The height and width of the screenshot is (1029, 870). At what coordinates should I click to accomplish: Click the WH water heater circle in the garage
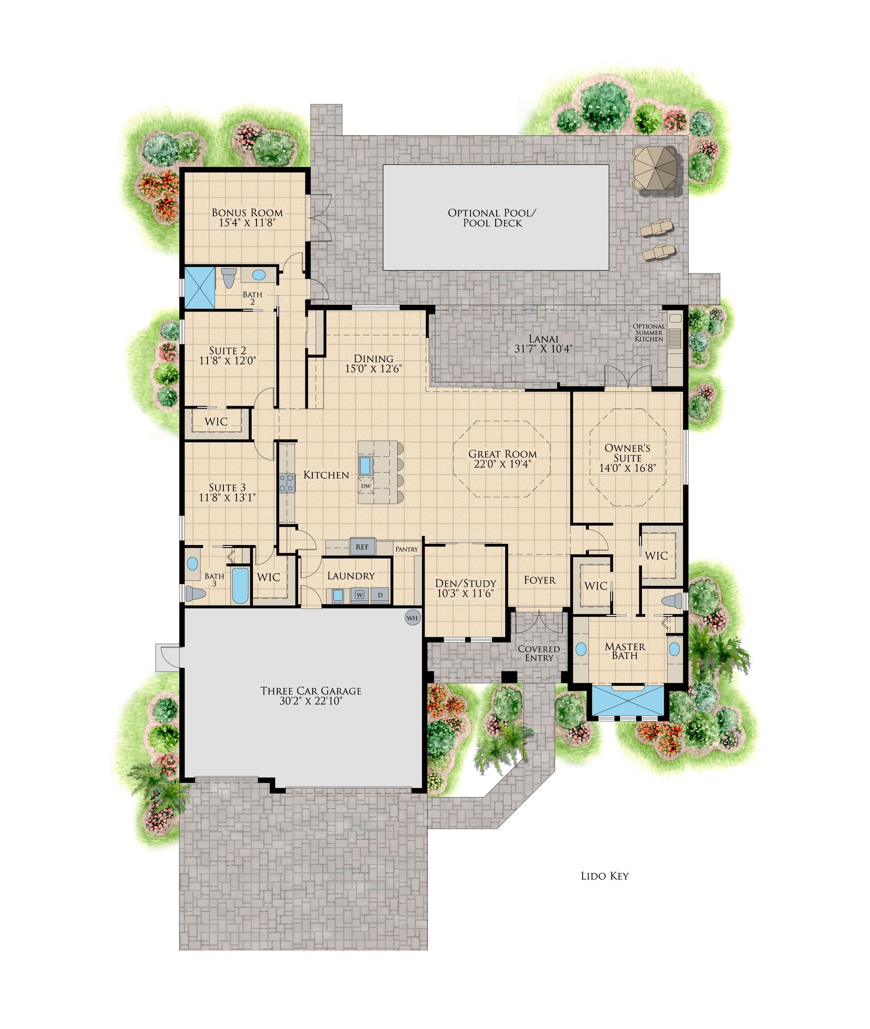pos(412,617)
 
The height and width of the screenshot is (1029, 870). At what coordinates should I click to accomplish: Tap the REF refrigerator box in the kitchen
pos(362,547)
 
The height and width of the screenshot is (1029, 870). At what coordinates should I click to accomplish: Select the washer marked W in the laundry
pos(359,595)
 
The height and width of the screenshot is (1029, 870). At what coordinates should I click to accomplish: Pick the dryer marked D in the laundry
pos(380,595)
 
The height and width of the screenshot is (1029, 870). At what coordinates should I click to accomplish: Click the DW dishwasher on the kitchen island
pos(366,486)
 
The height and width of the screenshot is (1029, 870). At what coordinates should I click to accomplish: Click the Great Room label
pos(503,454)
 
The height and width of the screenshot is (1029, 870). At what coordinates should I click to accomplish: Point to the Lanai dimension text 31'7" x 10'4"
pos(543,349)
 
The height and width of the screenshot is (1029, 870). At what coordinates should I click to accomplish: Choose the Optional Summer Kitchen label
pos(649,332)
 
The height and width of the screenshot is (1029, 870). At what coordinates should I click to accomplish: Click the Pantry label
pos(406,549)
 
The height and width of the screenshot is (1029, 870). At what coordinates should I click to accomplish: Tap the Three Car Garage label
pos(311,691)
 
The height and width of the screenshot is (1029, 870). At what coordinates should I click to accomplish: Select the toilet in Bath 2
pos(228,278)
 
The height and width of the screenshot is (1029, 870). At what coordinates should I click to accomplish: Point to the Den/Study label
pos(465,583)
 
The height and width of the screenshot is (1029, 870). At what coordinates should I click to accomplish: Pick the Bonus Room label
pos(247,213)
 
